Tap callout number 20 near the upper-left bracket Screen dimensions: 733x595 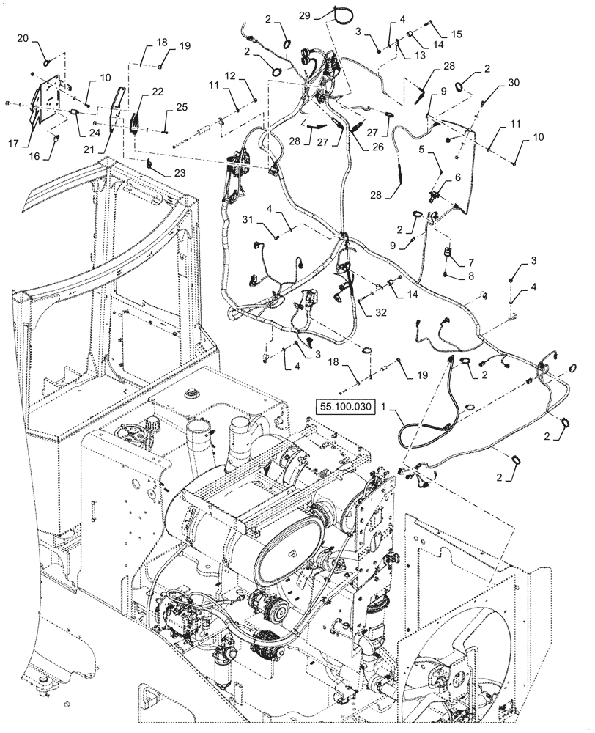coord(22,38)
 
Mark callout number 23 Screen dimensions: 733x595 coord(178,173)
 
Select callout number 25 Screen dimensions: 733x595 coord(182,107)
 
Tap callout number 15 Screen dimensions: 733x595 coord(457,34)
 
